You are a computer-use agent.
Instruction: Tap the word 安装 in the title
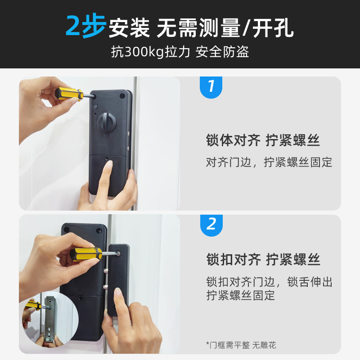(x=129, y=28)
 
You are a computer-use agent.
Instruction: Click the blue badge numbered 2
(x=211, y=224)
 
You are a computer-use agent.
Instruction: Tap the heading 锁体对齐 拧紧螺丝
(x=263, y=140)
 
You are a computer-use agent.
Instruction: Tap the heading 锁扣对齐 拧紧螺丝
(x=263, y=260)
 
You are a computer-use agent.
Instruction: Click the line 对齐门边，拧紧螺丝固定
(x=269, y=162)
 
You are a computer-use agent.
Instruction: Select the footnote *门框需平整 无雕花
(x=241, y=345)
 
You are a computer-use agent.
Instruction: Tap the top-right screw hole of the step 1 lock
(x=122, y=96)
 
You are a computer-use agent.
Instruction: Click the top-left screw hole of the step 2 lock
(x=67, y=229)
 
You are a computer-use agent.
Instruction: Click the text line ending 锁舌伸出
(x=269, y=282)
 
